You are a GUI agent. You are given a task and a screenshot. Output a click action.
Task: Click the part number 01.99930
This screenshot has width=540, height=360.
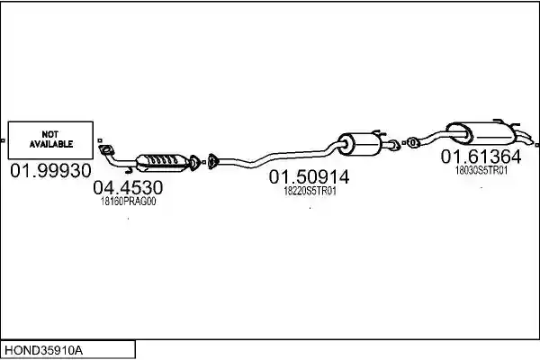coord(50,170)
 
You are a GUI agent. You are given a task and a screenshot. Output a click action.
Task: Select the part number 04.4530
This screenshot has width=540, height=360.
coord(128,188)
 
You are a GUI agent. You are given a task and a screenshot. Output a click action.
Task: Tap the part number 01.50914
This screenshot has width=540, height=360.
coord(309,177)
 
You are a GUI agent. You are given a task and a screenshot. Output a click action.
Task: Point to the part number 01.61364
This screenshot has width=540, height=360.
coord(481,157)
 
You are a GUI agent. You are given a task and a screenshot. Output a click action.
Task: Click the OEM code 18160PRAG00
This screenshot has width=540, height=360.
coord(128,202)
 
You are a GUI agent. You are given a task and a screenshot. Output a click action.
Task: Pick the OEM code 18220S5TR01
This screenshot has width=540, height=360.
coord(310,191)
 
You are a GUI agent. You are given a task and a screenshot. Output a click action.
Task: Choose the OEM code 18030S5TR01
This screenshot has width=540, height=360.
coord(481,170)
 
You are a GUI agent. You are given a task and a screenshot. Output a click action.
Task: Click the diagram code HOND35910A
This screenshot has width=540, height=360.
coord(43,350)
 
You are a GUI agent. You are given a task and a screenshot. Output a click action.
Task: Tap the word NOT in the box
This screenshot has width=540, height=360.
coord(50,134)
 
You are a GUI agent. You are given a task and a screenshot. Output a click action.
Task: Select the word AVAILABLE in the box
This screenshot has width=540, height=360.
coord(51,144)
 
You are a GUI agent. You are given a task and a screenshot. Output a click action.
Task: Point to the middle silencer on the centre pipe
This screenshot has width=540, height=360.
coord(360,144)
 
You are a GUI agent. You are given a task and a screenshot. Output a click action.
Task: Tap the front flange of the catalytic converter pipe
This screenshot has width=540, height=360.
coord(106,150)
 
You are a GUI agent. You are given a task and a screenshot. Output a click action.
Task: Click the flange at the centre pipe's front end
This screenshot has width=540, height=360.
coord(212,162)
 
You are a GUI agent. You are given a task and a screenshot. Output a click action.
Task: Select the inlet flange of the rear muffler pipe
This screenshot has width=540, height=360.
coord(412,142)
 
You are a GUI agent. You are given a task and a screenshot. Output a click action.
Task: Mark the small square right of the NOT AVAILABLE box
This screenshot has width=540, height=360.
coord(100,140)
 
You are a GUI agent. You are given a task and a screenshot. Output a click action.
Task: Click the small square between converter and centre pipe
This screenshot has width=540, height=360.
coord(204,162)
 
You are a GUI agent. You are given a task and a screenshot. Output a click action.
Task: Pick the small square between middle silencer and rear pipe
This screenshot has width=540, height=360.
coord(403,142)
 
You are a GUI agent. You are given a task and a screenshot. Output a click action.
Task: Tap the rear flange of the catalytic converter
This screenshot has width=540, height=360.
coord(194,163)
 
